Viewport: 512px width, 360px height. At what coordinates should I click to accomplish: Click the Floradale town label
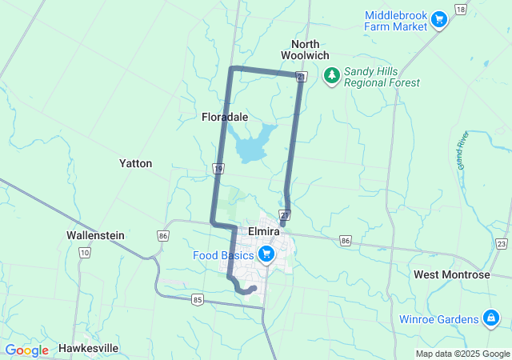tap(224, 117)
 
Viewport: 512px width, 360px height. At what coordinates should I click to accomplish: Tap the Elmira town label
tap(263, 230)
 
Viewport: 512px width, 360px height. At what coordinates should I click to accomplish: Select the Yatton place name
tap(135, 163)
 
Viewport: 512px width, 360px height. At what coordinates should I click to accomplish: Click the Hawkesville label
tap(89, 349)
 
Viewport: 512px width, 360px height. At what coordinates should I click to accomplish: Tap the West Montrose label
tap(451, 274)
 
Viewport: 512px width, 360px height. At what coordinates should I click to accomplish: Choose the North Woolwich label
tap(305, 50)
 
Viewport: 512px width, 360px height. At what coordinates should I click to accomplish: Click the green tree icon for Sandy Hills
tap(331, 76)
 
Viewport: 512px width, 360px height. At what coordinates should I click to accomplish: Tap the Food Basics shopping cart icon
tap(266, 255)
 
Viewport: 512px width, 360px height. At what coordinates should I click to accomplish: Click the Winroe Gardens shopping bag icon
tap(490, 319)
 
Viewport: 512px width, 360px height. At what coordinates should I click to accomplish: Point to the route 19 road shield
tap(218, 169)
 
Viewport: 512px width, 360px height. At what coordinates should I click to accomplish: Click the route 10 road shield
tap(84, 252)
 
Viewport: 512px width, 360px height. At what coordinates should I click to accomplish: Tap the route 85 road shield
tap(198, 300)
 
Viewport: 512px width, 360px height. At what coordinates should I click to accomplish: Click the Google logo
tap(26, 350)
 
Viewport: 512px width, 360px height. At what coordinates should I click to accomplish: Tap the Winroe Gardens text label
tap(439, 319)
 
